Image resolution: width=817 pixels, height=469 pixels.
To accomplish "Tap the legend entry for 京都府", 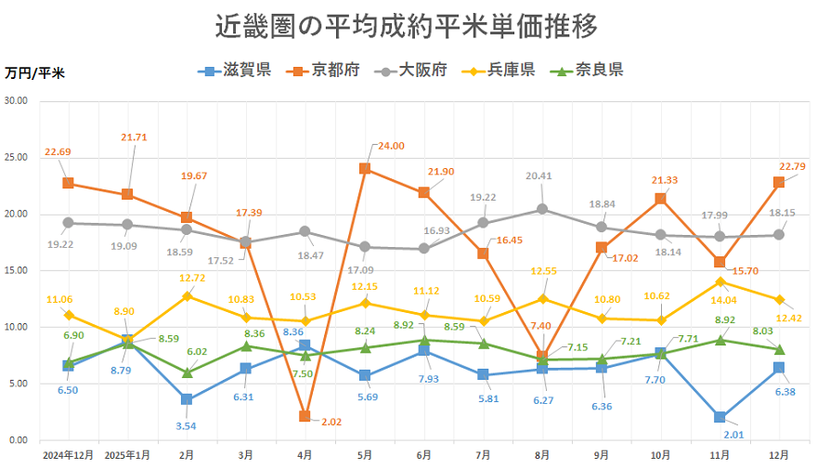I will coord(323,71).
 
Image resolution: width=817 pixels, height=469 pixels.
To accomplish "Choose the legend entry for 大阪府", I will coord(411,71).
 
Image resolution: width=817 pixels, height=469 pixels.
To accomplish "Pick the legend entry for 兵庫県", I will coord(499,71).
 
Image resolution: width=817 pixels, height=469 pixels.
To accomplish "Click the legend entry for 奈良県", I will coord(588,71).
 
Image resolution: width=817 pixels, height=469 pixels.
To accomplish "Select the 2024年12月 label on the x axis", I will coord(68,455).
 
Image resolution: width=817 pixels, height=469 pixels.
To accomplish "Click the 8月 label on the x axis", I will coord(542,455).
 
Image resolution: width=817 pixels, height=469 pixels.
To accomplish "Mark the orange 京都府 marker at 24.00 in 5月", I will coord(365,168).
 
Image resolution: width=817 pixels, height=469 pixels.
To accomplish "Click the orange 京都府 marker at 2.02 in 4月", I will coord(305,416).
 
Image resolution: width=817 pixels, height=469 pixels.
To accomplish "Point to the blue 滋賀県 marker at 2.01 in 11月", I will coord(720,417).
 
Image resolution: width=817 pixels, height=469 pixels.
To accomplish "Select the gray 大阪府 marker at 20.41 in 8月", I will coord(542,209).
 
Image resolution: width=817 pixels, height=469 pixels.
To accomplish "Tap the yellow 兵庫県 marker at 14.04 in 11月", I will coord(720,280).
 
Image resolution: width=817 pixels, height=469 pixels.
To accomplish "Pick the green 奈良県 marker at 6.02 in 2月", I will coord(187,371).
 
